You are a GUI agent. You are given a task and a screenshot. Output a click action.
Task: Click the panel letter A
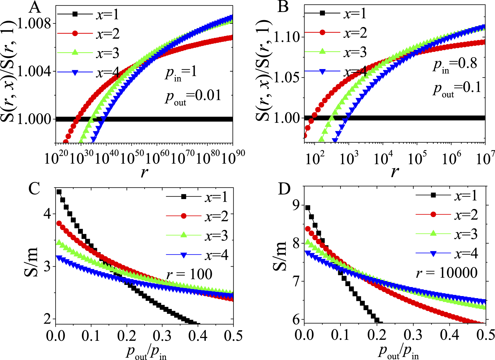(35, 8)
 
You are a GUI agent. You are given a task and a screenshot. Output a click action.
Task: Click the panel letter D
(284, 189)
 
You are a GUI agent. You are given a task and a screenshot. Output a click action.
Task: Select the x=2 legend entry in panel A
(108, 34)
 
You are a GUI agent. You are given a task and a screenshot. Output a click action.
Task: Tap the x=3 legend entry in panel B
(355, 52)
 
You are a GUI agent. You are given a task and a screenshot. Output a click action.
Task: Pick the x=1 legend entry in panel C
(216, 197)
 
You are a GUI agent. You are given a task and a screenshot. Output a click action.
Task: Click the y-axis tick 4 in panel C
(47, 214)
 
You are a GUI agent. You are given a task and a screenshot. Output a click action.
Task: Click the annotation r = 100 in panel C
(189, 274)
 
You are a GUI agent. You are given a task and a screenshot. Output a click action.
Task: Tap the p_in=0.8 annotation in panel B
(455, 64)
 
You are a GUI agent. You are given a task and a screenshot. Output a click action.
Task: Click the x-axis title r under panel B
(395, 172)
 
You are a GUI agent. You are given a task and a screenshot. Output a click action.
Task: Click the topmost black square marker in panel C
(59, 192)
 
